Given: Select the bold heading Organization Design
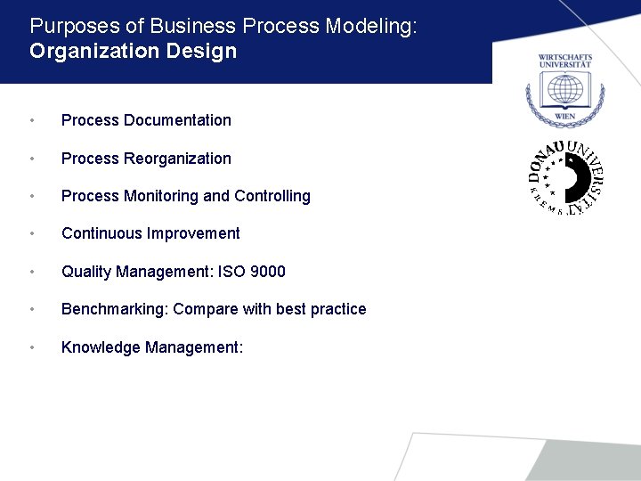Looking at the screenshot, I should (133, 52).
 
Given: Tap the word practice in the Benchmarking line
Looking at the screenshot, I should (338, 309).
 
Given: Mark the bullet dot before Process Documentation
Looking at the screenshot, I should (32, 121).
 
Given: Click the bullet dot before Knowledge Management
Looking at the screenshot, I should (32, 348).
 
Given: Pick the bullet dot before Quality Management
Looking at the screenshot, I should (32, 273).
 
